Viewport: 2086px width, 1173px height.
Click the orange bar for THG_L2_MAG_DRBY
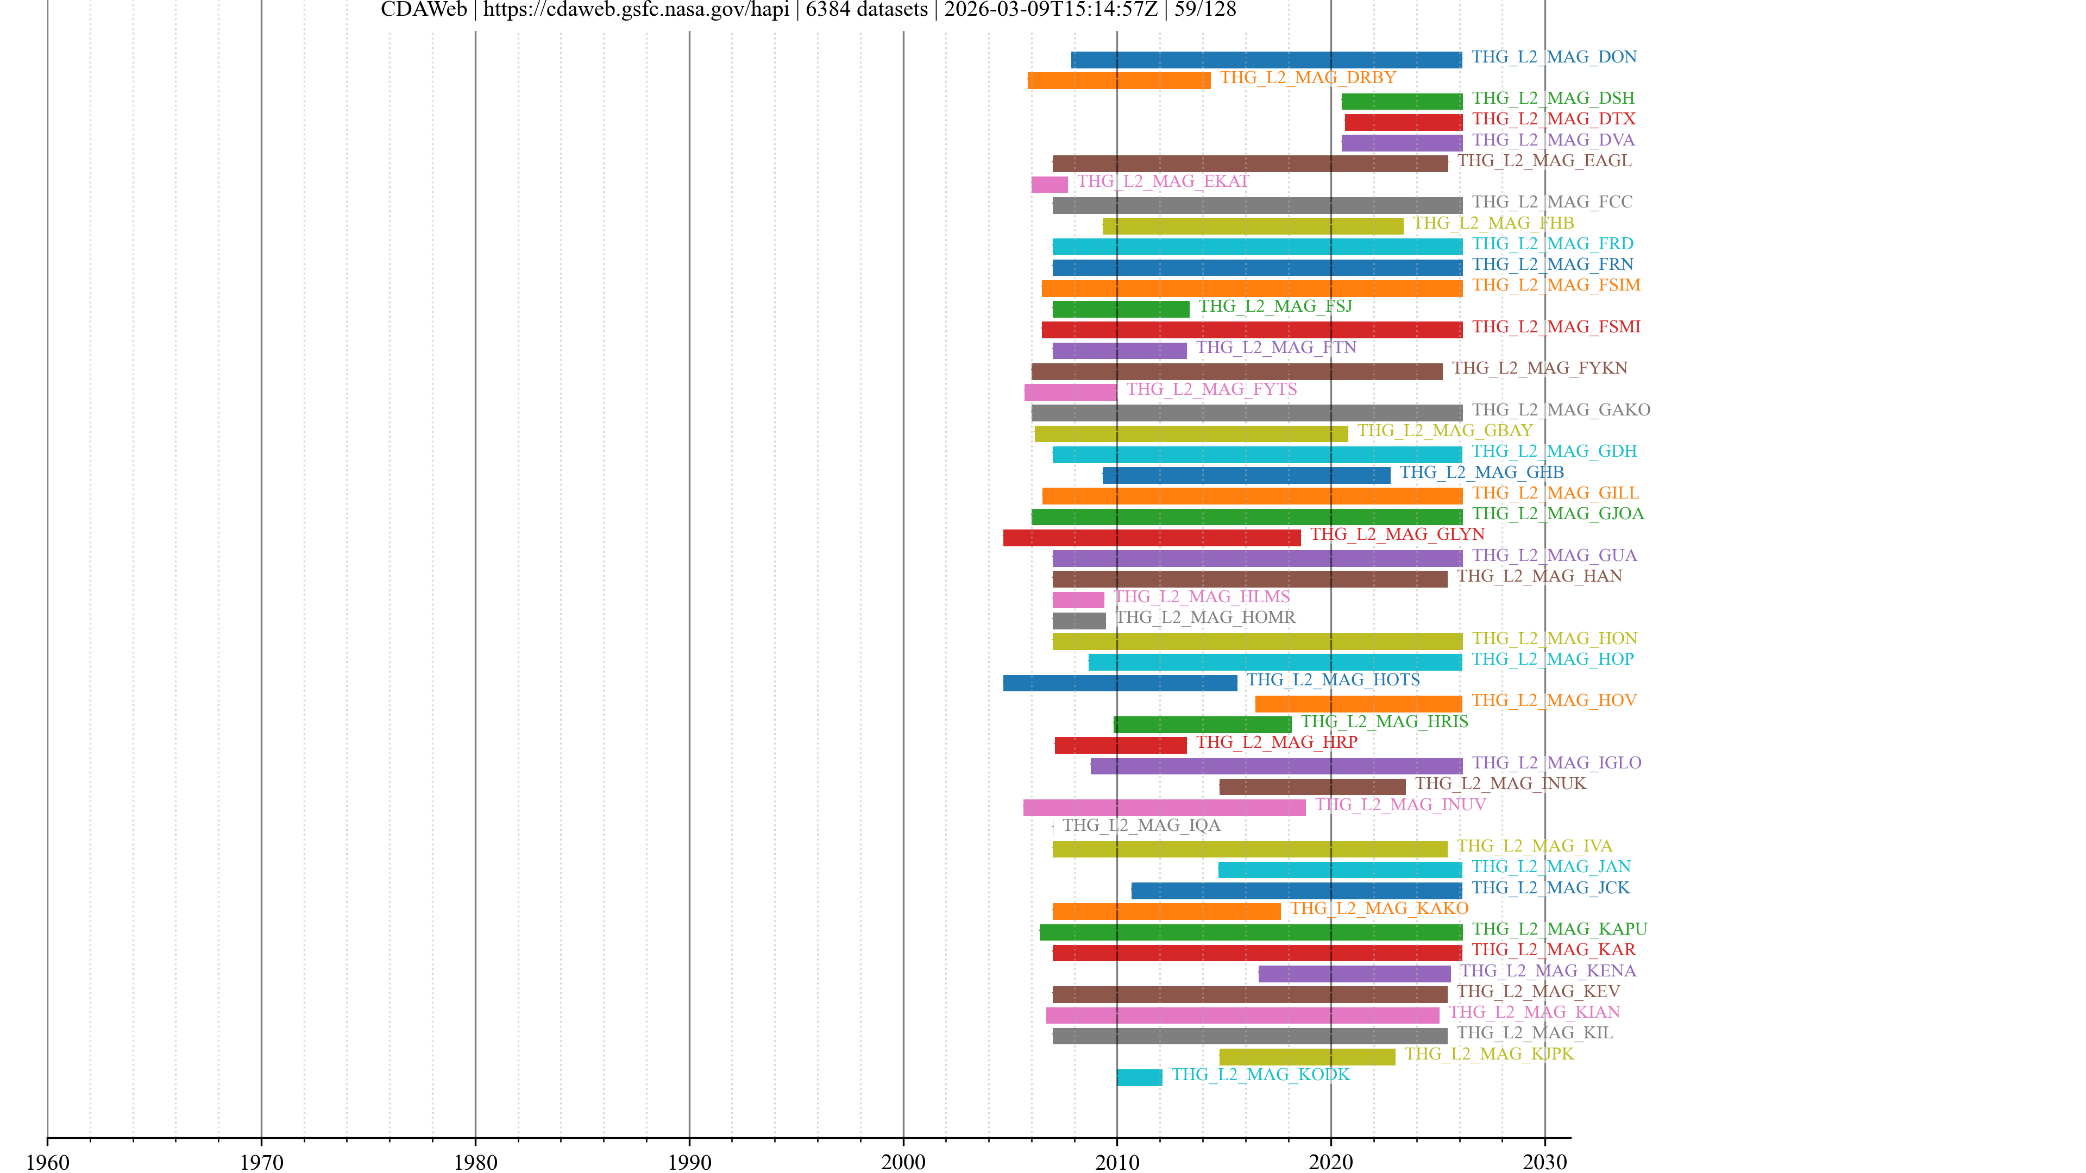(1119, 80)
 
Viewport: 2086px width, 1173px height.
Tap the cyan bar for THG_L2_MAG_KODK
(1139, 1077)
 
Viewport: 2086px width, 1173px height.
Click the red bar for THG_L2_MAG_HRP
(1120, 745)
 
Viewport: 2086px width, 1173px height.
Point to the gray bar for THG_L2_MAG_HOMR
(1079, 620)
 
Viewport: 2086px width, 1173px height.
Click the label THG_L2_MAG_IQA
(1141, 825)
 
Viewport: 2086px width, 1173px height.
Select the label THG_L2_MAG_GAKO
(1561, 409)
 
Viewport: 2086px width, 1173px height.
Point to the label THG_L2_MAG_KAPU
(1559, 929)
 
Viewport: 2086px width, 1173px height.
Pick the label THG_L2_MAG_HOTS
(1333, 679)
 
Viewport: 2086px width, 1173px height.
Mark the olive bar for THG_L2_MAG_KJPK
(1307, 1056)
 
